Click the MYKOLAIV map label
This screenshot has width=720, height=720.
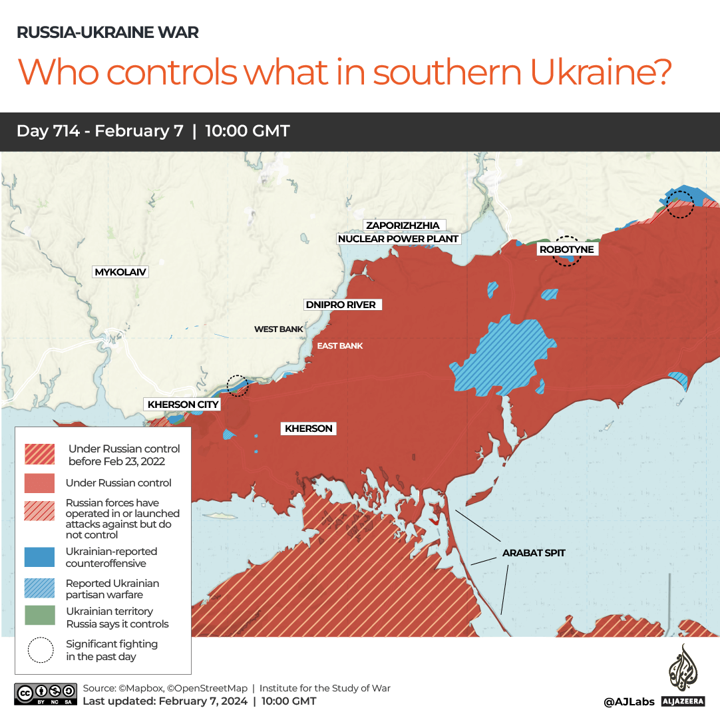pos(120,272)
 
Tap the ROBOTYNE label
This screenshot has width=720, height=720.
pos(566,250)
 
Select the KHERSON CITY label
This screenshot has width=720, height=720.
pos(183,405)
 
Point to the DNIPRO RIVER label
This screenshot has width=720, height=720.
pos(340,305)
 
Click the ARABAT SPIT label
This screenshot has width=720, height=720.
pos(534,552)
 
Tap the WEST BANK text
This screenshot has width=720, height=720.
pos(278,329)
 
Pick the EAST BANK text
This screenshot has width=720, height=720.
pos(339,346)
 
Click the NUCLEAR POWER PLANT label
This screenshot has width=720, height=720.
pos(399,239)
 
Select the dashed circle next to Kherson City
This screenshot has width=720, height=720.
pos(237,385)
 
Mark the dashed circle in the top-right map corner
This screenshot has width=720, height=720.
pos(680,204)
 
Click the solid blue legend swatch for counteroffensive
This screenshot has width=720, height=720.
pos(39,557)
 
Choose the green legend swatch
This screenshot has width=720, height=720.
pos(39,616)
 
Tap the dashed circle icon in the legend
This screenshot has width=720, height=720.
pos(40,650)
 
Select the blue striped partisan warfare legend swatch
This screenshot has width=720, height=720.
pos(39,588)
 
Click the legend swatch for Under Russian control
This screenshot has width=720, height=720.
pos(39,483)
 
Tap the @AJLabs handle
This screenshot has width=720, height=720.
pos(629,701)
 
